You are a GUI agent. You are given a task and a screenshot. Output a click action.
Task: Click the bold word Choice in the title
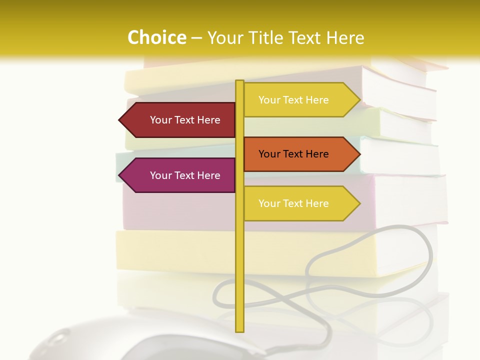pyautogui.click(x=156, y=37)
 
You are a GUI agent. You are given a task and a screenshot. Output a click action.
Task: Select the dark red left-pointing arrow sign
pyautogui.click(x=180, y=120)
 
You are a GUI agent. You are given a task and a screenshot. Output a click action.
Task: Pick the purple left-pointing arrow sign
pyautogui.click(x=180, y=175)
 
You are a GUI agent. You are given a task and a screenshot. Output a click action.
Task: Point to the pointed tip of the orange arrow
pyautogui.click(x=359, y=154)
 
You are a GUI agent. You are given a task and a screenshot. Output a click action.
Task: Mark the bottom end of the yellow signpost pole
pyautogui.click(x=239, y=330)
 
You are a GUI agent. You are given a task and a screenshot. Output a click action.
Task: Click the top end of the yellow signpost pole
pyautogui.click(x=239, y=82)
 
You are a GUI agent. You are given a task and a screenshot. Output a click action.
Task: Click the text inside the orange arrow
pyautogui.click(x=293, y=154)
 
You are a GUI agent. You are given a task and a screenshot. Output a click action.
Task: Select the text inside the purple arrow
pyautogui.click(x=185, y=175)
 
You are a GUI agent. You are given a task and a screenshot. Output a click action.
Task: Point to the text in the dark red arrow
pyautogui.click(x=185, y=120)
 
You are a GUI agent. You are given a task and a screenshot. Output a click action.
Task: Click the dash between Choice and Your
pyautogui.click(x=196, y=38)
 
